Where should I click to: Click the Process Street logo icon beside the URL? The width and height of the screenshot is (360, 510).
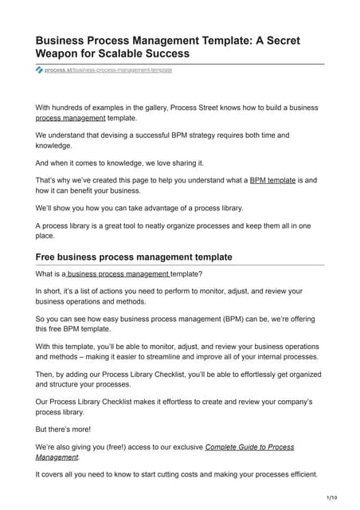point(40,70)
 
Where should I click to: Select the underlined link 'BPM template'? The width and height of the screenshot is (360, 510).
point(272,181)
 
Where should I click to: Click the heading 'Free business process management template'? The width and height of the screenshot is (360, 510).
point(134,257)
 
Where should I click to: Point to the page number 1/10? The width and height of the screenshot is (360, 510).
point(331,497)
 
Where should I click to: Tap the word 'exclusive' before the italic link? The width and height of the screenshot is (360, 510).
point(182,447)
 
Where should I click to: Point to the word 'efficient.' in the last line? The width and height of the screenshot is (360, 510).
point(298,474)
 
